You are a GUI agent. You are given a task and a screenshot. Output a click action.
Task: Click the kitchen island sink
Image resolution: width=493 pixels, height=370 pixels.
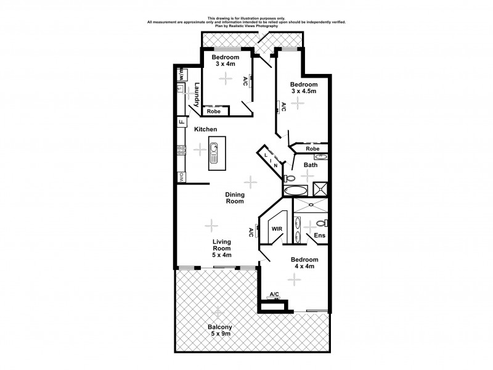[214, 148]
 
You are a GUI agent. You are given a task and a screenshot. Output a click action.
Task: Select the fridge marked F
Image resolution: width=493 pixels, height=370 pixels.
[182, 122]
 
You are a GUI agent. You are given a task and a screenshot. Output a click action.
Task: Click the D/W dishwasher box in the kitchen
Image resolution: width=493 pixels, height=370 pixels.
[182, 176]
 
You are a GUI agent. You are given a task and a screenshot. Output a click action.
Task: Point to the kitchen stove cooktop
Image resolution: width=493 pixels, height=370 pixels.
[182, 149]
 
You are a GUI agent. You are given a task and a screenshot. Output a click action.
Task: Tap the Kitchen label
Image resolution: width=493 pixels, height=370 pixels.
[206, 129]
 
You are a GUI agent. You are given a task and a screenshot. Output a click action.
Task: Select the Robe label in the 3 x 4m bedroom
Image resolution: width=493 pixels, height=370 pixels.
[213, 112]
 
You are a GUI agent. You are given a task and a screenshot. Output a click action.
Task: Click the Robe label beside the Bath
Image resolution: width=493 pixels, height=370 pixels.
[313, 149]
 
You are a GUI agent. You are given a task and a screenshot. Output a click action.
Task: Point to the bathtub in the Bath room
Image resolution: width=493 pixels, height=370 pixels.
[296, 190]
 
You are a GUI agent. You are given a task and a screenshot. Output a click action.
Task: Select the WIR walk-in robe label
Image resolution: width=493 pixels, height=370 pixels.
[277, 229]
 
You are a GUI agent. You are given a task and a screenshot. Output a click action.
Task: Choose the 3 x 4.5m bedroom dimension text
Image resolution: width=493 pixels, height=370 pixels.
[304, 91]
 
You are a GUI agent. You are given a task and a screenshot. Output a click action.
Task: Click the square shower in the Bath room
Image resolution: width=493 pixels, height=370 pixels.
[320, 190]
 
